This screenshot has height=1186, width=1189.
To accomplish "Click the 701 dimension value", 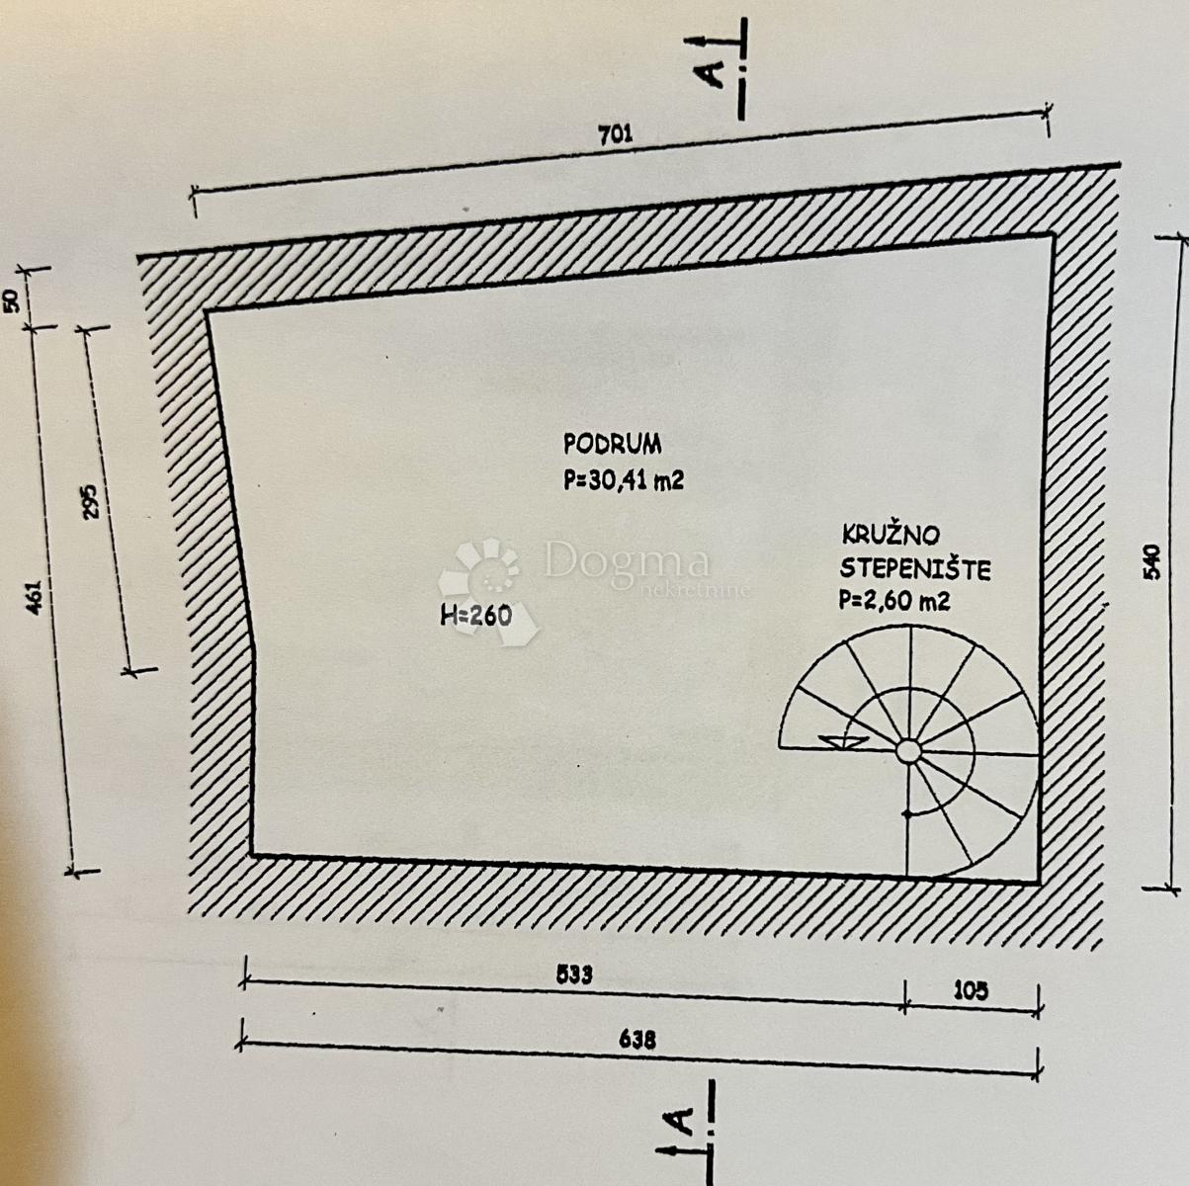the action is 616,133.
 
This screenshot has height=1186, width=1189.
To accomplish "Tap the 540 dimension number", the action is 1151,561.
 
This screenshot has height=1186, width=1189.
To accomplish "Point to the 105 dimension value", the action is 971,991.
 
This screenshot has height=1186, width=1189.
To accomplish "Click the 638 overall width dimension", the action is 638,1041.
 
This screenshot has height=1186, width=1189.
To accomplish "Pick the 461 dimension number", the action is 36,596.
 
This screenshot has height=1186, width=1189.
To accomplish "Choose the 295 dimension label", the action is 90,501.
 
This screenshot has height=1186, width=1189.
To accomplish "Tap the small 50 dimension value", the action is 15,301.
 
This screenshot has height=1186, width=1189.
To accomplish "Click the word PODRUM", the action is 612,444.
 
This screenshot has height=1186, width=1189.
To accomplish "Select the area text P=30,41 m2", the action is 624,479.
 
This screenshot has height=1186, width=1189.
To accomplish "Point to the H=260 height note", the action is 475,615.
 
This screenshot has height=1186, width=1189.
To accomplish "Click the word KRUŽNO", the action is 891,535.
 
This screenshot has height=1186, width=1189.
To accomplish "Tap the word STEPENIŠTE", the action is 914,568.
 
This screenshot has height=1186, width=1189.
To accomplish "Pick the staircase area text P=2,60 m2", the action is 894,600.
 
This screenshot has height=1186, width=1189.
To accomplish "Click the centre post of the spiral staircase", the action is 907,751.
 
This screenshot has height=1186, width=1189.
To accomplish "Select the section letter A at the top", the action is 709,74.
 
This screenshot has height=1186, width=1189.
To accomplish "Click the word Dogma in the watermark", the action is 628,562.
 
